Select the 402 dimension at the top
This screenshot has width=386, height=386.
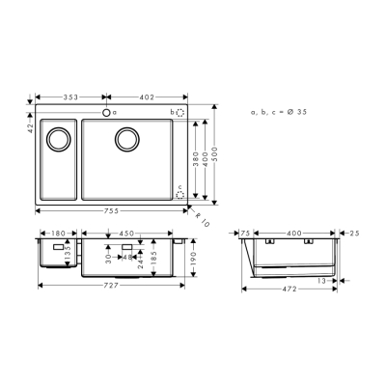point(145,97)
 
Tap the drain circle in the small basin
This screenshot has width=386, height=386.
point(58,138)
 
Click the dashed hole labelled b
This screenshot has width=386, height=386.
point(180,114)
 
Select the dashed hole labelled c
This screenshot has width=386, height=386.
point(180,193)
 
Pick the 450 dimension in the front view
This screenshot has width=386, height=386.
point(127,233)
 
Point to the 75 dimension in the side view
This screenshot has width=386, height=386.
point(246,233)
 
